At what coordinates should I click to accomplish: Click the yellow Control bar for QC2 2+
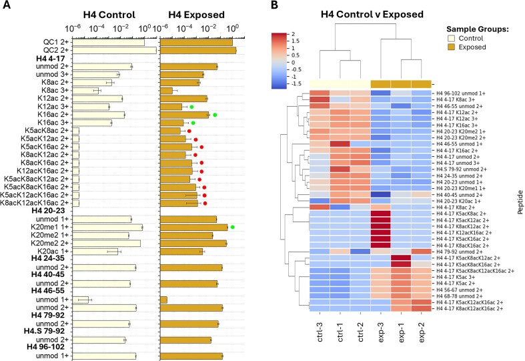coord(113,50)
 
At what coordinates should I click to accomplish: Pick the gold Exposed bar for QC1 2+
coord(197,41)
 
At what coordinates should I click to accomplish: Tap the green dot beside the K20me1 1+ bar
coord(233,228)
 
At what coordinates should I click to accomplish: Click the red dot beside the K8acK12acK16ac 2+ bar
coord(205,203)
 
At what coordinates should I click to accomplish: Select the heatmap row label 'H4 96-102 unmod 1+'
coord(463,93)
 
